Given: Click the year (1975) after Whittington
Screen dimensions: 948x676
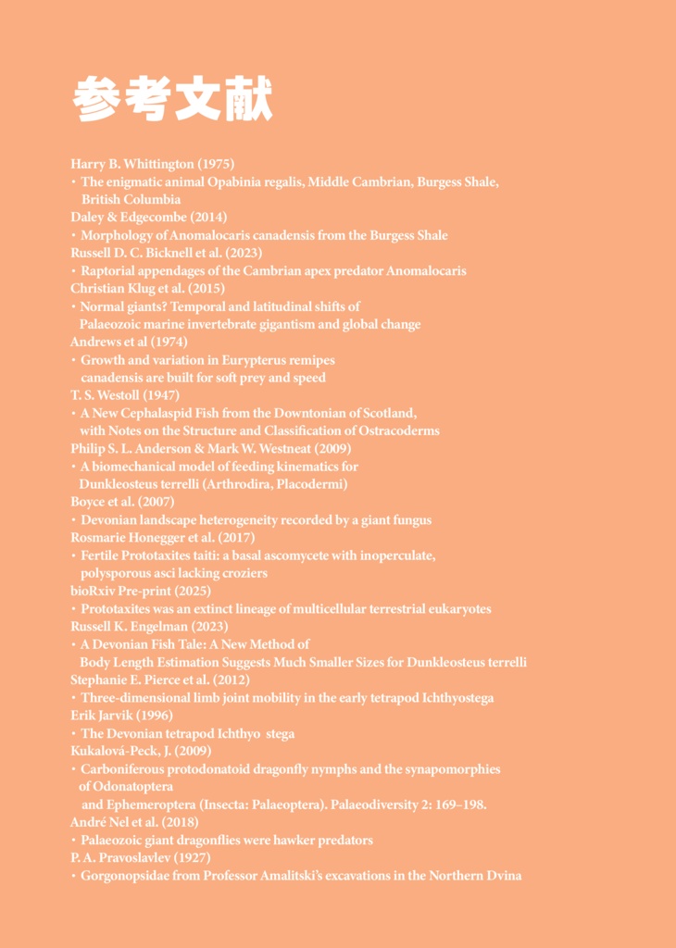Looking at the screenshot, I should click(215, 164).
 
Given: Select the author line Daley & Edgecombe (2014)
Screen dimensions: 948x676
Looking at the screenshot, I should click(148, 218).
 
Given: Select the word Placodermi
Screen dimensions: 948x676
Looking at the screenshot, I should click(311, 484).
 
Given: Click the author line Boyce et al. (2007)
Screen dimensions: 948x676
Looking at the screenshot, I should click(122, 502).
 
